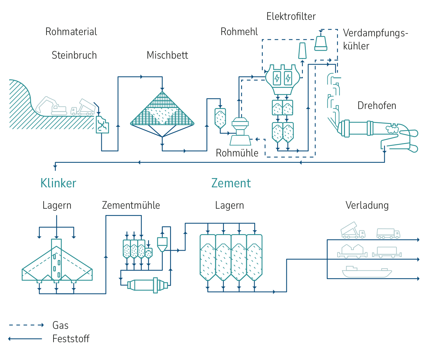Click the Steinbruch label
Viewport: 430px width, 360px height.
pyautogui.click(x=74, y=55)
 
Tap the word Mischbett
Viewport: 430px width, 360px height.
pyautogui.click(x=167, y=55)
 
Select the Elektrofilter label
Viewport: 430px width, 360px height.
pyautogui.click(x=291, y=17)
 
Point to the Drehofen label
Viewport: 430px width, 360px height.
pyautogui.click(x=377, y=105)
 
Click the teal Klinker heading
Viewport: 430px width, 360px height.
pyautogui.click(x=58, y=183)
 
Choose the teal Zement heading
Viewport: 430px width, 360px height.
pyautogui.click(x=231, y=183)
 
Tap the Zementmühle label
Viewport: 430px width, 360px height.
pyautogui.click(x=131, y=205)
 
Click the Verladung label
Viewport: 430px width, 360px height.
pyautogui.click(x=367, y=205)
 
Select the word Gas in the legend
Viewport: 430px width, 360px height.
pyautogui.click(x=61, y=325)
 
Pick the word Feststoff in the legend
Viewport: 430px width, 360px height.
pyautogui.click(x=71, y=339)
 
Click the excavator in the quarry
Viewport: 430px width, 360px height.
pyautogui.click(x=51, y=106)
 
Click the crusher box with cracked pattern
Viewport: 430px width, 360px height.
pyautogui.click(x=102, y=125)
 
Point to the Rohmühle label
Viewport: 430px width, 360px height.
pyautogui.click(x=237, y=153)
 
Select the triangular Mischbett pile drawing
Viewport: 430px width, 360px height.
pyautogui.click(x=162, y=110)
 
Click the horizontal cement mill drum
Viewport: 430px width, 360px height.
pyautogui.click(x=147, y=285)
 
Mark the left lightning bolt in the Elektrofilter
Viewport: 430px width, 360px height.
pyautogui.click(x=277, y=78)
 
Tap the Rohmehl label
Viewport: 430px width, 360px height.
pyautogui.click(x=239, y=32)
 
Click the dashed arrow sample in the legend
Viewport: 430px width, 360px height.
pyautogui.click(x=26, y=325)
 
